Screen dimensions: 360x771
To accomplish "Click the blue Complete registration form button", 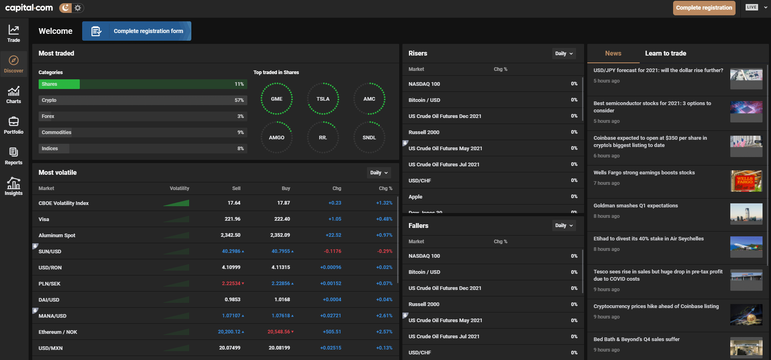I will [x=137, y=31].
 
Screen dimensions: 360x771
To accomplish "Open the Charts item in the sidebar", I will [x=14, y=95].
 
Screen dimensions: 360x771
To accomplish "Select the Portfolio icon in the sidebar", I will [x=14, y=125].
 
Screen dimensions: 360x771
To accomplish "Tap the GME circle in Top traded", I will [x=276, y=99].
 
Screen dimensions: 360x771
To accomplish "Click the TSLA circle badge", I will [x=323, y=99].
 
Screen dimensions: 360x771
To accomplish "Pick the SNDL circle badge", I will [x=369, y=137].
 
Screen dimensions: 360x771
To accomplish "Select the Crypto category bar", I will [x=143, y=100].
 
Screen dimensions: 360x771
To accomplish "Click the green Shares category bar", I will [x=59, y=84].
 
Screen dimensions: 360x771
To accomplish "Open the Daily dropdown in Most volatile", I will [x=379, y=173].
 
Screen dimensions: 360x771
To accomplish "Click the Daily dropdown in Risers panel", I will [x=564, y=54].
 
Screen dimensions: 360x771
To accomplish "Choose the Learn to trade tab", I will [x=665, y=54].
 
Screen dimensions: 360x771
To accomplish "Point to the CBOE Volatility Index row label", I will [x=64, y=203].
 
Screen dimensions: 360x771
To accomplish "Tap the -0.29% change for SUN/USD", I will [x=384, y=251].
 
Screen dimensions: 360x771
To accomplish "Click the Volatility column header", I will [x=179, y=188].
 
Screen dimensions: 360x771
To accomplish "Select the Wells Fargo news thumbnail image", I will [x=746, y=181].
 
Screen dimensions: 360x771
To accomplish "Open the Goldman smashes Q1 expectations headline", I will [x=635, y=206].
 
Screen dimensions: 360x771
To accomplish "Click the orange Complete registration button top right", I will [x=704, y=8].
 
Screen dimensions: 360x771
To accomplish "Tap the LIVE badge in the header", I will [x=752, y=7].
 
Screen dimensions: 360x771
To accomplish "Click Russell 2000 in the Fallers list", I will [x=424, y=304].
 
